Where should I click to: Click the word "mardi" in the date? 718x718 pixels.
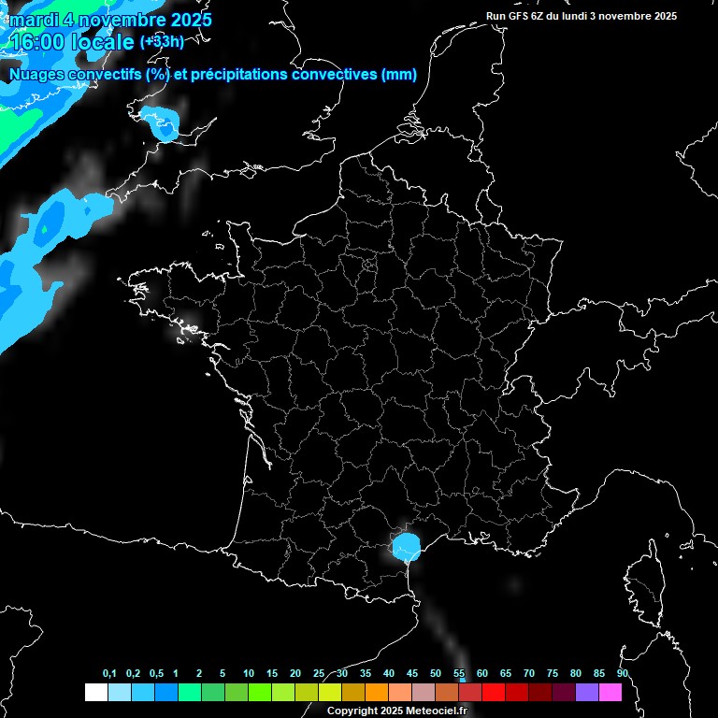(33, 20)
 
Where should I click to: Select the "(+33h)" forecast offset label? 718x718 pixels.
(162, 42)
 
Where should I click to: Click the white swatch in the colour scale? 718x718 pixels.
(95, 692)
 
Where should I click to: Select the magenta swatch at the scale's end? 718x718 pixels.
(610, 692)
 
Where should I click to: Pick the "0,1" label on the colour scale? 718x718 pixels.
(109, 673)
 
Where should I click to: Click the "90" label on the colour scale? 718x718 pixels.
(622, 673)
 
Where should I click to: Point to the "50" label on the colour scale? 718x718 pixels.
(436, 673)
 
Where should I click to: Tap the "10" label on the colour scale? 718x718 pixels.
(249, 673)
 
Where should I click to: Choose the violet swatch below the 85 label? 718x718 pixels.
(587, 692)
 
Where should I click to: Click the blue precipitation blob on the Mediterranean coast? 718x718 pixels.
(406, 546)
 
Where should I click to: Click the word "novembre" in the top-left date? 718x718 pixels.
(121, 20)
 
